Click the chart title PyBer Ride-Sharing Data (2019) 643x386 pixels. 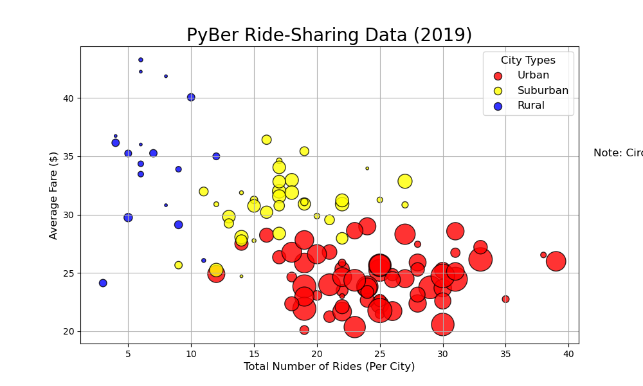coord(329,35)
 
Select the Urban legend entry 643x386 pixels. coord(533,75)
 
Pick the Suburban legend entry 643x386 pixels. coord(543,91)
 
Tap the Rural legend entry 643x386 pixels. coord(530,106)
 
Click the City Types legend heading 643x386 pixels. coord(528,60)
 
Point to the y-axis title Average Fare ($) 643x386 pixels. coord(53,195)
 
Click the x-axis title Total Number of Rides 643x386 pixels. coord(329,367)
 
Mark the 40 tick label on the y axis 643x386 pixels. coord(68,98)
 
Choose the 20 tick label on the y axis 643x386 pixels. coord(68,332)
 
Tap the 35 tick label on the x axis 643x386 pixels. coord(505,354)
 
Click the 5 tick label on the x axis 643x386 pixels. coord(128,354)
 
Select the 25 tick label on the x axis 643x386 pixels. coord(379,354)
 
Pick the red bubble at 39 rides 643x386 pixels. coord(556,261)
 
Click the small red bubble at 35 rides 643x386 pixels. coord(505,299)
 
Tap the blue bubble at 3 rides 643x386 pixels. coord(103,283)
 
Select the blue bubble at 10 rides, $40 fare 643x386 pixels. coord(191,97)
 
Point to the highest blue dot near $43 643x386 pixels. coord(140,60)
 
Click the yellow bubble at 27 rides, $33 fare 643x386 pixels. coord(404,181)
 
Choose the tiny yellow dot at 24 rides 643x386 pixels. coord(367,169)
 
